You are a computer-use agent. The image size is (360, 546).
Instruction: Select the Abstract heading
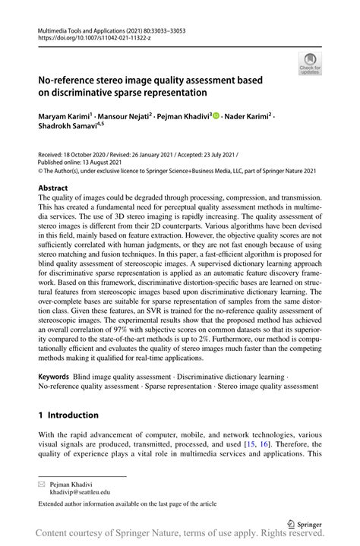tap(53, 187)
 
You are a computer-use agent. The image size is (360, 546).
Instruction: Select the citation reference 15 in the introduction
tap(288, 444)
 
